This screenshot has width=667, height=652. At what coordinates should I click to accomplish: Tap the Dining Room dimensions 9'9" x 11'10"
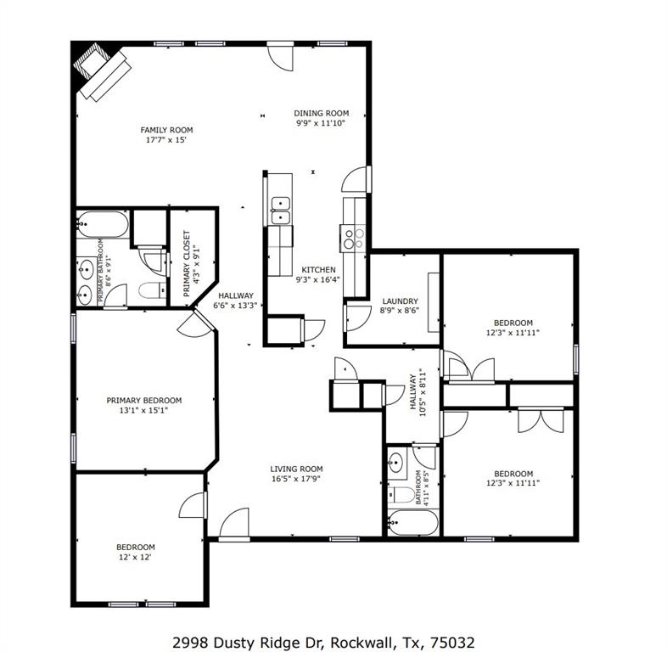[x=322, y=123]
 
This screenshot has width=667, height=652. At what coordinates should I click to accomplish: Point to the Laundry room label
[x=399, y=301]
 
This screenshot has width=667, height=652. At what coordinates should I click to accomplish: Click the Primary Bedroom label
[x=143, y=401]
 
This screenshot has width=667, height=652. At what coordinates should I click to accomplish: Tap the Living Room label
[x=296, y=469]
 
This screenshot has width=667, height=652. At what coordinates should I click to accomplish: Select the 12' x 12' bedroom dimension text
[x=136, y=557]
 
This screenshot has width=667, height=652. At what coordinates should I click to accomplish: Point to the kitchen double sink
[x=280, y=211]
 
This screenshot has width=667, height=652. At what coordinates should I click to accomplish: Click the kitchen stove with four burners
[x=353, y=237]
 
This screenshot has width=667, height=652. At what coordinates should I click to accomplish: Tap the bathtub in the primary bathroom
[x=103, y=227]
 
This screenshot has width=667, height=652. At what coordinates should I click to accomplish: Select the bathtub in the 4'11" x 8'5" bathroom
[x=412, y=523]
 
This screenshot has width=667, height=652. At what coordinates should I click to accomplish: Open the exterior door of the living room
[x=234, y=526]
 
